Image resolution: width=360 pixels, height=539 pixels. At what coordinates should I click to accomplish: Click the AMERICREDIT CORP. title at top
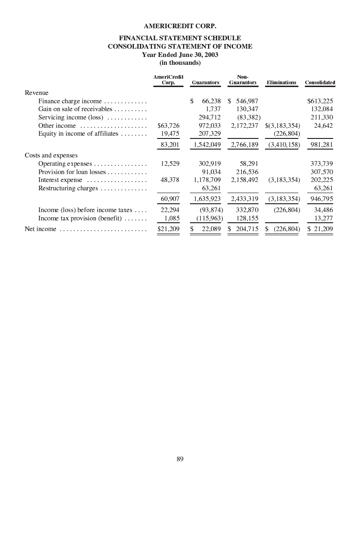pos(180,26)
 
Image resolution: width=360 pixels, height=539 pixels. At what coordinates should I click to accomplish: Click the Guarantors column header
pos(205,82)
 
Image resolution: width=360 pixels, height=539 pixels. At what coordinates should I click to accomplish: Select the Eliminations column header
pos(281,82)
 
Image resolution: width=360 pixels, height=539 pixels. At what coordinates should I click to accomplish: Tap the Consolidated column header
pos(320,82)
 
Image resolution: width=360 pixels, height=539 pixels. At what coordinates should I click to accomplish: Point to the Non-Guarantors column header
pos(243,80)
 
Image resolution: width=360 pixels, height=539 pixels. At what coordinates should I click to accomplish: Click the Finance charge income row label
pos(70,101)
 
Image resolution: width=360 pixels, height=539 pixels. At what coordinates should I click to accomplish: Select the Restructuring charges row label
pos(68,188)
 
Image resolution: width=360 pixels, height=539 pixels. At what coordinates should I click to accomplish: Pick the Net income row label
pos(41,229)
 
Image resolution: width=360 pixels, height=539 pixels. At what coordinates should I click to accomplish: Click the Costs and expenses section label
pos(51,156)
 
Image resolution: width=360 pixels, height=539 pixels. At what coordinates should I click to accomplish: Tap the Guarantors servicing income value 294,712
pos(209,118)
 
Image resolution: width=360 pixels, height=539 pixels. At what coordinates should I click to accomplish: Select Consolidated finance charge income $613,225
pos(320,101)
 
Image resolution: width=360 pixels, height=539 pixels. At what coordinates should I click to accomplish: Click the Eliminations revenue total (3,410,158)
pos(284,145)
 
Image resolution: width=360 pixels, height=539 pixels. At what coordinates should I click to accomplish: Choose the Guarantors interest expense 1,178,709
pos(207,180)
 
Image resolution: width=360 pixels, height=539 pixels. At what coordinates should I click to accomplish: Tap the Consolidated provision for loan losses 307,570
pos(322,172)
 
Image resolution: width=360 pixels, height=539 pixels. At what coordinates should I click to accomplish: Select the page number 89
pos(180,459)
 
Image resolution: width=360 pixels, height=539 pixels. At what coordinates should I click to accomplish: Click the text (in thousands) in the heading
pos(180,63)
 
